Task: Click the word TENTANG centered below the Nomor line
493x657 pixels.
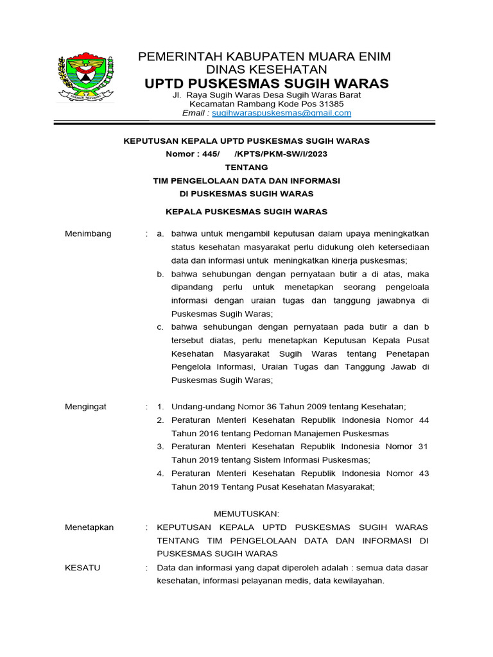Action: tap(246, 167)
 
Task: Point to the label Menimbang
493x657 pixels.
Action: tap(88, 234)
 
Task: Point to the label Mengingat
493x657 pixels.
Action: tap(86, 407)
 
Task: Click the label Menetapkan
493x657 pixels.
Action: tap(89, 527)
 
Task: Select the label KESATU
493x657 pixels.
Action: tap(82, 568)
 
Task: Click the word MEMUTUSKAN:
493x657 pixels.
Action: tap(246, 514)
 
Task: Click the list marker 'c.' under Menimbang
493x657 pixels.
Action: tap(160, 327)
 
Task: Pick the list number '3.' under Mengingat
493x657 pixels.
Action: tap(161, 447)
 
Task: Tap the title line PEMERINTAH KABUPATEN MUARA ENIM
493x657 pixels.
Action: tap(264, 57)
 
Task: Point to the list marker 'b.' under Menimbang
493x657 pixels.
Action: tap(160, 274)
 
